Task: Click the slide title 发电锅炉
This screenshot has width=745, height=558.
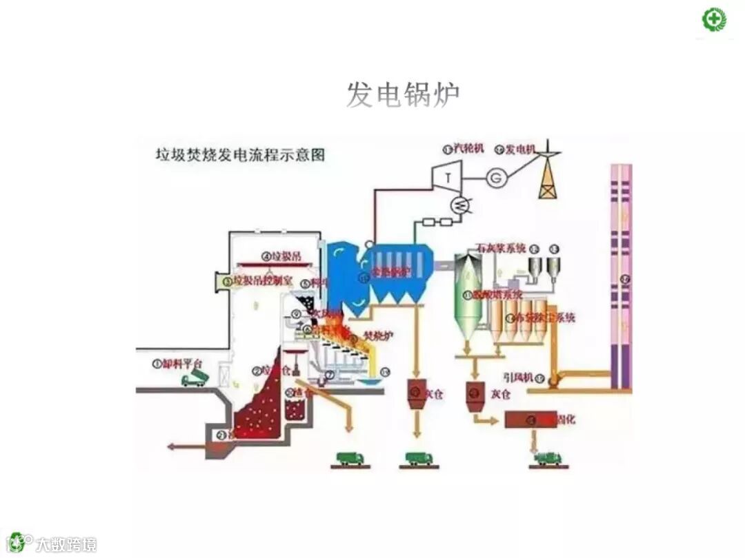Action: (x=402, y=95)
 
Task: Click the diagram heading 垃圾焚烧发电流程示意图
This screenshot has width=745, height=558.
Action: (x=239, y=154)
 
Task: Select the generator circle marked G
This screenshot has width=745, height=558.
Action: (x=495, y=176)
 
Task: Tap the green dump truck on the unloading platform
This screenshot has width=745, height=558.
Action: (x=192, y=378)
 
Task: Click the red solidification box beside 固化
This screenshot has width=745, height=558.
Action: (x=530, y=419)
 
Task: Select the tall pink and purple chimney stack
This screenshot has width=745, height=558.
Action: (x=621, y=276)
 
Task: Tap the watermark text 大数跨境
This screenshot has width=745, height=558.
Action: (x=66, y=544)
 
